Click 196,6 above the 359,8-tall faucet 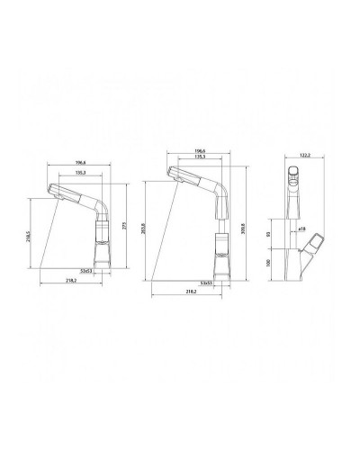[x=195, y=152]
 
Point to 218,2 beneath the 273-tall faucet [x=69, y=281]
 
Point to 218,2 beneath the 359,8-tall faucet [x=186, y=293]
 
